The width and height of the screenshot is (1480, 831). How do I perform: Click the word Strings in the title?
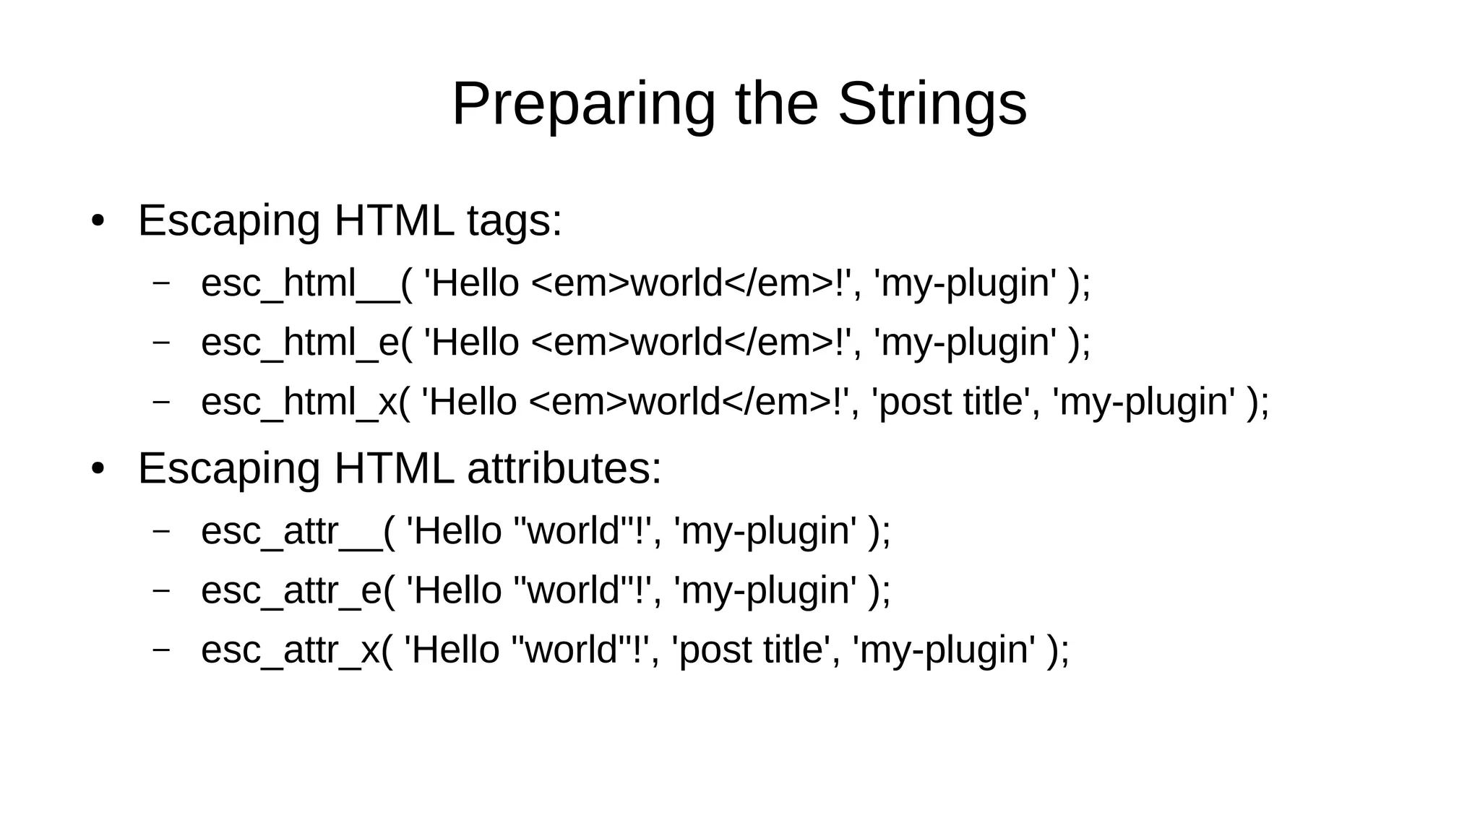pyautogui.click(x=932, y=105)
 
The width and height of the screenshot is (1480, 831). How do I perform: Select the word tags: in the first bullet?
pyautogui.click(x=515, y=221)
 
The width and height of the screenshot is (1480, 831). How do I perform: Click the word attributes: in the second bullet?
pyautogui.click(x=564, y=468)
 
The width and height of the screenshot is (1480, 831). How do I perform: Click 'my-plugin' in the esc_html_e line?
pyautogui.click(x=965, y=343)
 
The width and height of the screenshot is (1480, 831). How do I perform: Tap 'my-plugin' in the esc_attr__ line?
pyautogui.click(x=765, y=531)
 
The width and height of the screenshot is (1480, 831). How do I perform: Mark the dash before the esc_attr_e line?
pyautogui.click(x=161, y=590)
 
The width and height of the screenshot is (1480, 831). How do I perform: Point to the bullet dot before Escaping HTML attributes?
pyautogui.click(x=98, y=468)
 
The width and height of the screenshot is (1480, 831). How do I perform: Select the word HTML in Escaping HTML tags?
pyautogui.click(x=394, y=221)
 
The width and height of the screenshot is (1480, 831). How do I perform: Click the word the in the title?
pyautogui.click(x=776, y=105)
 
